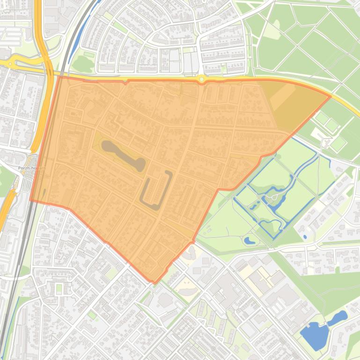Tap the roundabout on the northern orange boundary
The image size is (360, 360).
[202, 79]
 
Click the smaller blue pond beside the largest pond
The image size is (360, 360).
[338, 318]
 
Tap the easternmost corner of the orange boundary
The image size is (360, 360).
[331, 97]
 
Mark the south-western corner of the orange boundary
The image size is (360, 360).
[31, 201]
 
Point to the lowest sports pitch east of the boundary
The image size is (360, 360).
[338, 144]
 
